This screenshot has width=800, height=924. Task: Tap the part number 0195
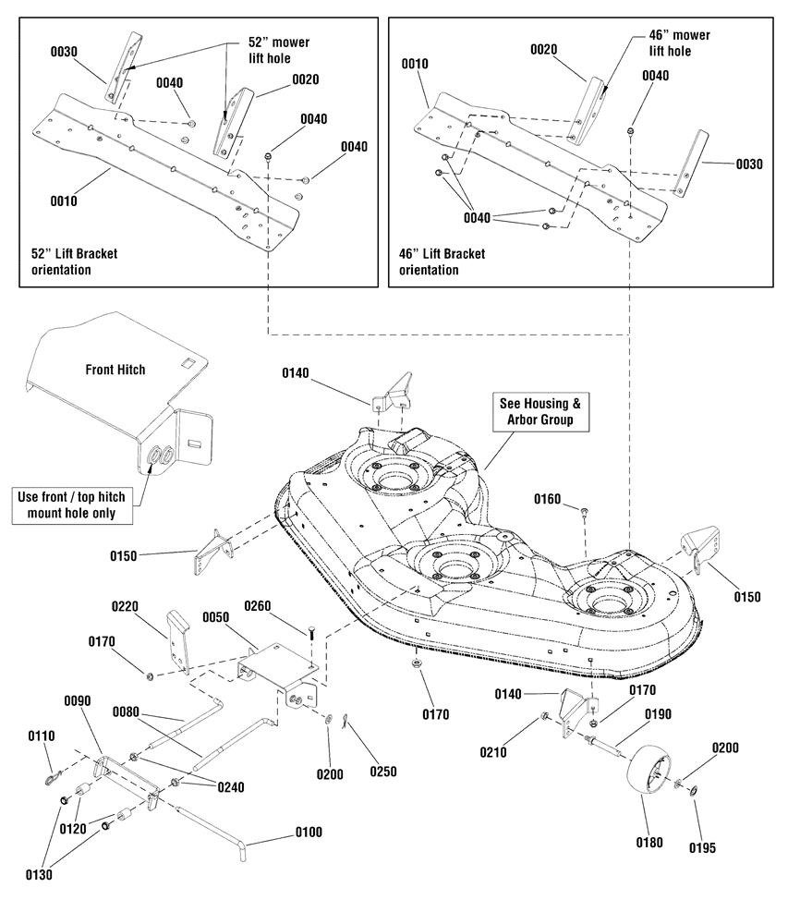pyautogui.click(x=702, y=848)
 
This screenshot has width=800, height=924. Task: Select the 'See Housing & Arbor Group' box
pyautogui.click(x=540, y=411)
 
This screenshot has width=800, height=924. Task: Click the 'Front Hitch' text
pyautogui.click(x=115, y=370)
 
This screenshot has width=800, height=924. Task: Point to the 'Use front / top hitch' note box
pyautogui.click(x=72, y=505)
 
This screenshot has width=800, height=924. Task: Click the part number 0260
pyautogui.click(x=258, y=606)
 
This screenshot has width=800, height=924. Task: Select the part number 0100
pyautogui.click(x=309, y=833)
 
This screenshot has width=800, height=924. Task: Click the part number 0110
pyautogui.click(x=42, y=736)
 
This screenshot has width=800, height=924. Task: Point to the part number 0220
pyautogui.click(x=125, y=606)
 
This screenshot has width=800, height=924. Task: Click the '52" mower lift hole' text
pyautogui.click(x=278, y=50)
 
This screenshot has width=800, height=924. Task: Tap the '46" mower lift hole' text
pyautogui.click(x=679, y=43)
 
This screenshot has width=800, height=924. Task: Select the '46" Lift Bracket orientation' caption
pyautogui.click(x=442, y=261)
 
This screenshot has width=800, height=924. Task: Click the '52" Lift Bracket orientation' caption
pyautogui.click(x=74, y=261)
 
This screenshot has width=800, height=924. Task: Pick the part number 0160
pyautogui.click(x=547, y=499)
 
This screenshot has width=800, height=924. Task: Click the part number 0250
pyautogui.click(x=383, y=772)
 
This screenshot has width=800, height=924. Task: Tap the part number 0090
pyautogui.click(x=78, y=700)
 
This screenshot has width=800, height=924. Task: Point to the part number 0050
pyautogui.click(x=215, y=617)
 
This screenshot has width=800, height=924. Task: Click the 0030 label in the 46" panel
pyautogui.click(x=749, y=164)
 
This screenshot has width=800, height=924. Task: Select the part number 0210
pyautogui.click(x=493, y=752)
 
